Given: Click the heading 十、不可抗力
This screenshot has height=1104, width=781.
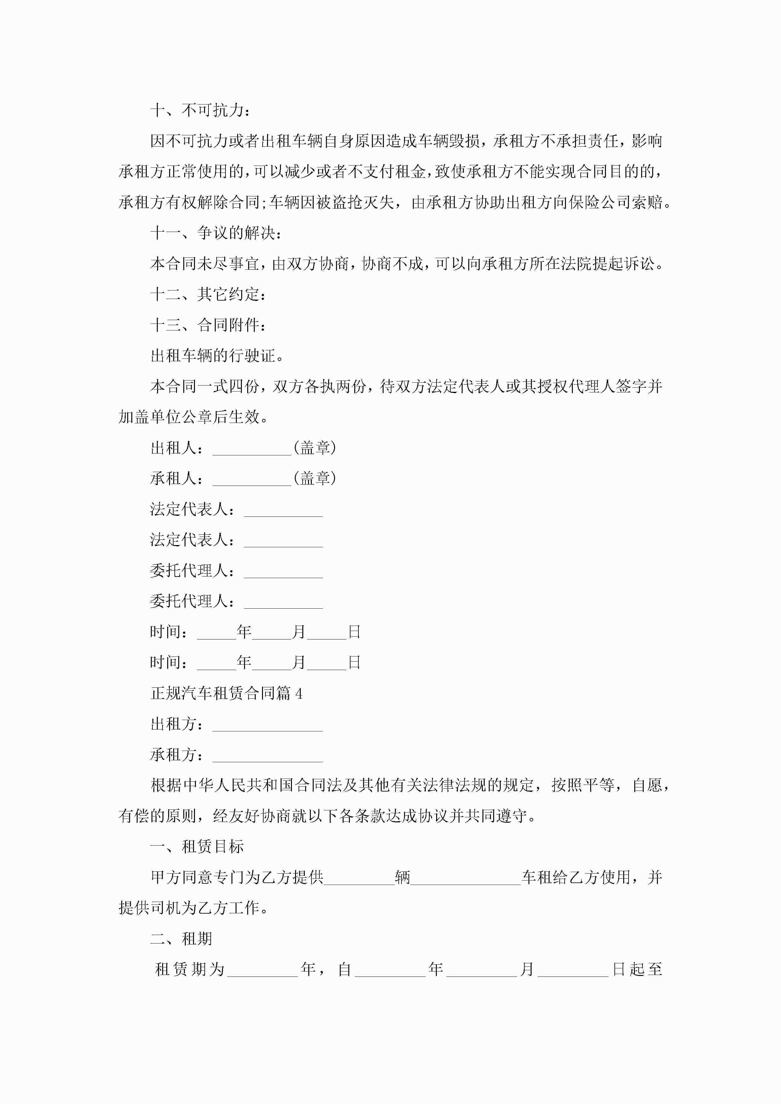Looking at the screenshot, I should (200, 110).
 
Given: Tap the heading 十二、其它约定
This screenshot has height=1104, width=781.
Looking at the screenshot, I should (208, 294).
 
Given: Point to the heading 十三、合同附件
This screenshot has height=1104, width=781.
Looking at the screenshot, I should (208, 325).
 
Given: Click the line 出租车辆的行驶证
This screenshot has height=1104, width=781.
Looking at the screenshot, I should (217, 356).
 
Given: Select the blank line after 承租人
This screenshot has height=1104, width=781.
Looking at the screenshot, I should (252, 479).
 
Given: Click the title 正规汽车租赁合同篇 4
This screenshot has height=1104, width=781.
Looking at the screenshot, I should (226, 693).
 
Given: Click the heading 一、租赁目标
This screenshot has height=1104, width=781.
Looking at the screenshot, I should (197, 847).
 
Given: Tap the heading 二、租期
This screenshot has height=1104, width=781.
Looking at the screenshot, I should (181, 938).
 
